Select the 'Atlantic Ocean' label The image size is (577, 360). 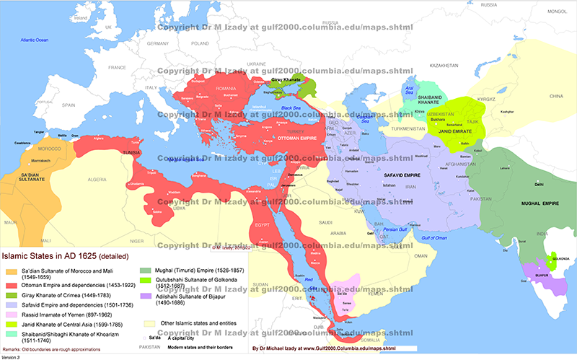[x=35, y=40]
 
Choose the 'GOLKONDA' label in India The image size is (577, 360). [x=557, y=258]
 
